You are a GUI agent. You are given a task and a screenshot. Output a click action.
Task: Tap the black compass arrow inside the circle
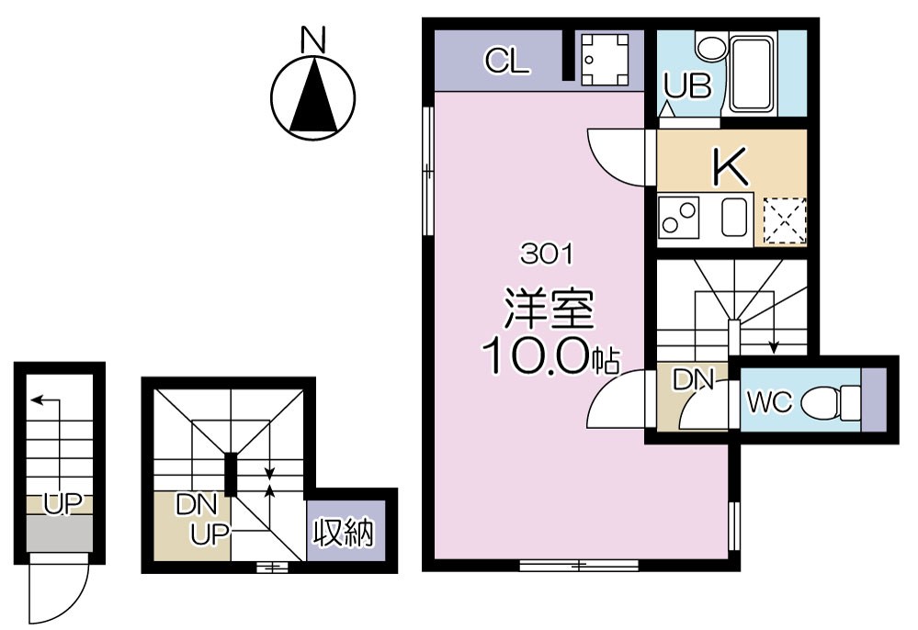[x=313, y=96]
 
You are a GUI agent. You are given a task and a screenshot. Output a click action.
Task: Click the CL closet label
[x=507, y=62]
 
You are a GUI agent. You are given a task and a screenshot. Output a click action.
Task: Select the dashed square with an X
[x=784, y=220]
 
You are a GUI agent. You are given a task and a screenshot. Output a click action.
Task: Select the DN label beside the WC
[x=694, y=379]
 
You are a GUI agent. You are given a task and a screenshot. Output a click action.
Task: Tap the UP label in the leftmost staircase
[x=61, y=502]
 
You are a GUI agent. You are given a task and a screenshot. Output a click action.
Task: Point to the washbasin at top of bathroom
[x=709, y=45]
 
